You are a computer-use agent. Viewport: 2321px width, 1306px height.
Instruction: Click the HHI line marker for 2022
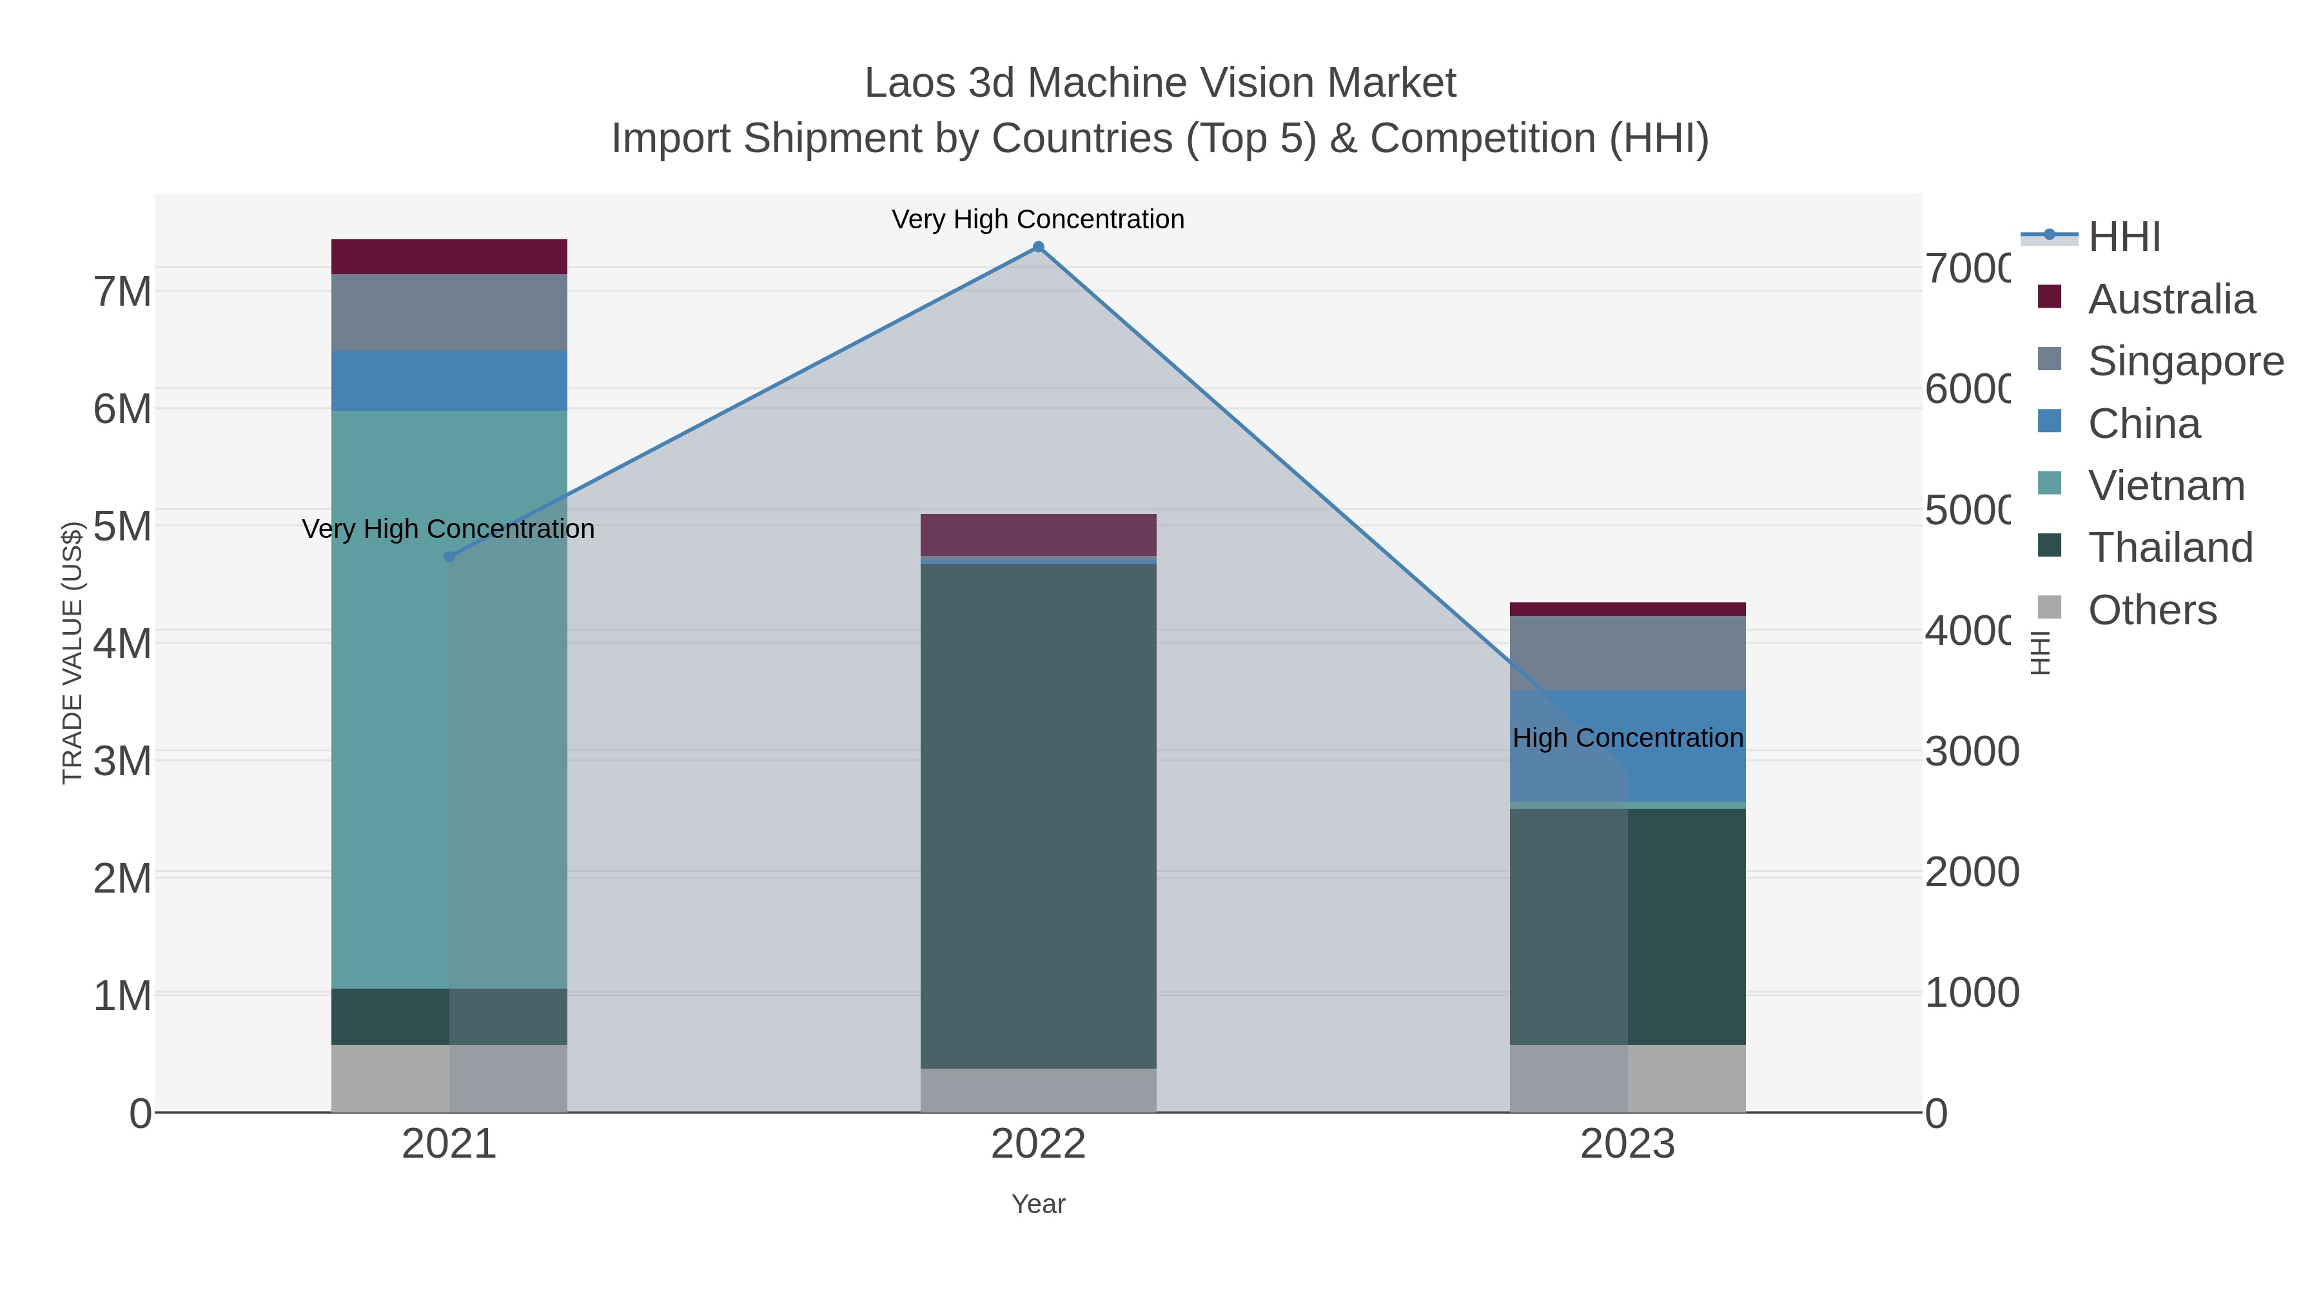click(1038, 247)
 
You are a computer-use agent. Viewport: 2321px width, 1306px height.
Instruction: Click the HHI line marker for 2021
click(449, 557)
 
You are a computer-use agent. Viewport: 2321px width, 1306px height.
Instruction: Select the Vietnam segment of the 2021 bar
click(449, 698)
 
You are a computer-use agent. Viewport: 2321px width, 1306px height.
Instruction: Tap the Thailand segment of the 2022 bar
click(1038, 816)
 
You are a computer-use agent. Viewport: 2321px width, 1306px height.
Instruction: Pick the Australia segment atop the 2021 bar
click(449, 257)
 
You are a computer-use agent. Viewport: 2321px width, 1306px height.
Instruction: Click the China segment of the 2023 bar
click(1627, 746)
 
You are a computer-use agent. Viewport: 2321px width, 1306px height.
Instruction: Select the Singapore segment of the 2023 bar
click(1627, 653)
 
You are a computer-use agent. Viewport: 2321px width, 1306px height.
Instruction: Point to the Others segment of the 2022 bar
click(1038, 1091)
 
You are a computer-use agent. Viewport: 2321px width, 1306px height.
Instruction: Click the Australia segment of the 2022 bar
click(1038, 535)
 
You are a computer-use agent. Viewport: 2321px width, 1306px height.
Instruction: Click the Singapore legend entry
click(2185, 361)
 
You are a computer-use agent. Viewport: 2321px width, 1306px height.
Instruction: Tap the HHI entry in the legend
click(2124, 237)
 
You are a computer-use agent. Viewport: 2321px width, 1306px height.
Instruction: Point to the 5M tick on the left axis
click(122, 526)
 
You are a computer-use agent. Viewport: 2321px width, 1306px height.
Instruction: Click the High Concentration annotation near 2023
click(1627, 738)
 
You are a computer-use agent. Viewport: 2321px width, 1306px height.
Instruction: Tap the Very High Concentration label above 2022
click(1038, 219)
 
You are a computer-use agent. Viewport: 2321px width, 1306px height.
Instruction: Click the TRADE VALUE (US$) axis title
click(72, 653)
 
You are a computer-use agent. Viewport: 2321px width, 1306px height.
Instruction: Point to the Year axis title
click(1038, 1204)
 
